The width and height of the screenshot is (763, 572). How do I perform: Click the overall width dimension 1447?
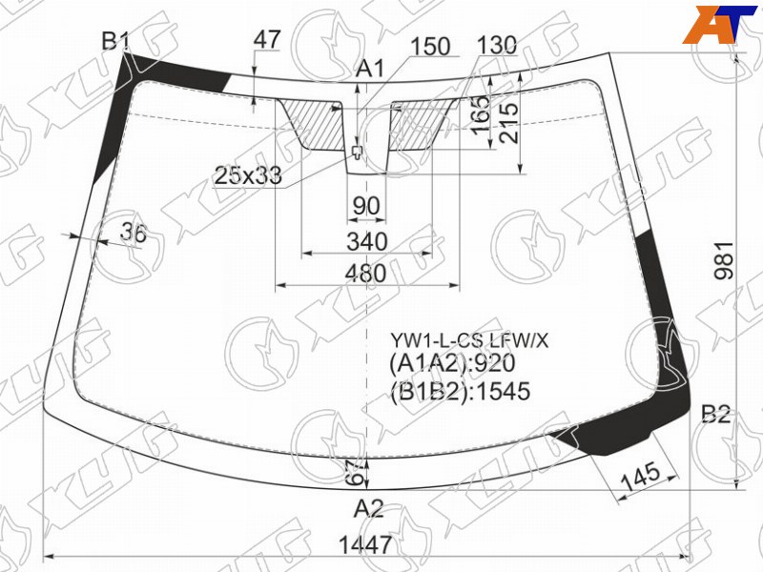point(365,544)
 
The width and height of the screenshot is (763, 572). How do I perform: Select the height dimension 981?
point(724,260)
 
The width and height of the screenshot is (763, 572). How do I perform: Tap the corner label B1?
point(114,41)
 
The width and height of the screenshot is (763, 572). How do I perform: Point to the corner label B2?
point(716,415)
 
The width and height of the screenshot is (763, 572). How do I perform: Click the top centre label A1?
point(370,69)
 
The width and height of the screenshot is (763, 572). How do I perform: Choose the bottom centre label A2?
point(369,509)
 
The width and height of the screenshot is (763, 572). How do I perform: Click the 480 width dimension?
point(365,274)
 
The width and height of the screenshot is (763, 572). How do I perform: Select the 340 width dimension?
point(367,242)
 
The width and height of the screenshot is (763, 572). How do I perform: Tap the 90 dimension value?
point(366,206)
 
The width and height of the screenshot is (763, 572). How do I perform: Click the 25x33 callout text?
point(248,175)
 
